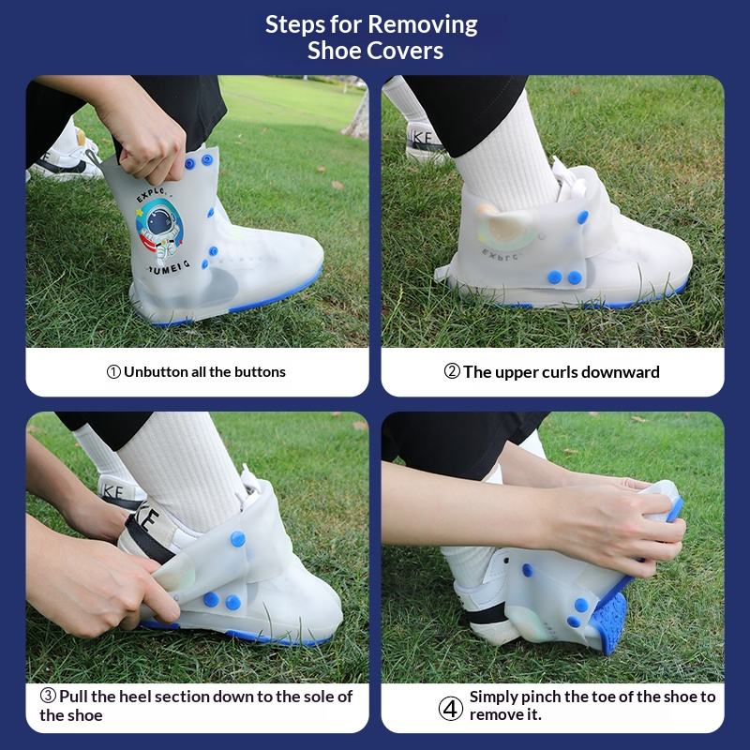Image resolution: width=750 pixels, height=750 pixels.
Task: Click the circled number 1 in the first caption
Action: click(113, 372)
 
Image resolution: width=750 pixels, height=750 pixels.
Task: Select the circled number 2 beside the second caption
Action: click(452, 371)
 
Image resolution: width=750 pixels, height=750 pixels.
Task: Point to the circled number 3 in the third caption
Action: click(48, 696)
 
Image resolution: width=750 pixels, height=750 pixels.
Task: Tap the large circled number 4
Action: click(451, 709)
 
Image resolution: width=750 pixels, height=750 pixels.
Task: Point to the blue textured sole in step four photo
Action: click(607, 621)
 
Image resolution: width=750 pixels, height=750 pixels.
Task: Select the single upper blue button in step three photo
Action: click(238, 539)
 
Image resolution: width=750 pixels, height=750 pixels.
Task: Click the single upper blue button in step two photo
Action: click(582, 217)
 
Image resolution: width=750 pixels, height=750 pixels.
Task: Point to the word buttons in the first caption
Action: click(262, 371)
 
